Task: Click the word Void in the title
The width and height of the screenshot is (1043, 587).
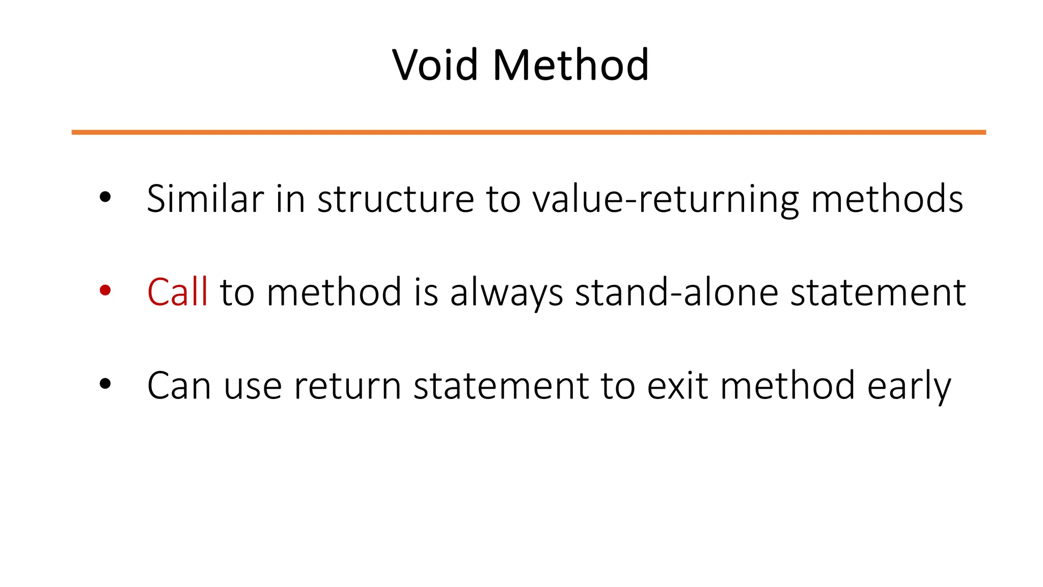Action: (435, 65)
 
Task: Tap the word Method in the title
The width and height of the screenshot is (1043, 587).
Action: (571, 65)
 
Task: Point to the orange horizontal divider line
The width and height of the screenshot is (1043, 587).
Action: (529, 132)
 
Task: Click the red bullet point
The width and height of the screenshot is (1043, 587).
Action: (105, 290)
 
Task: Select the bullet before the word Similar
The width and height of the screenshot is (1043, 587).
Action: (105, 197)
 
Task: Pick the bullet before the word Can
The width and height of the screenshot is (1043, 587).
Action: (105, 384)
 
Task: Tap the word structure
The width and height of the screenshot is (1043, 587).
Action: (396, 199)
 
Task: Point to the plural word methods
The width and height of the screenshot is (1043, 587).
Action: (887, 198)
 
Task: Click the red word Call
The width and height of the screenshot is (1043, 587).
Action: (177, 292)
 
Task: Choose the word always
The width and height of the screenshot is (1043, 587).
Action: (506, 293)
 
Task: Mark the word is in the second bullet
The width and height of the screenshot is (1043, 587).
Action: (426, 292)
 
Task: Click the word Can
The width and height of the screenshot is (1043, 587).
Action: (179, 386)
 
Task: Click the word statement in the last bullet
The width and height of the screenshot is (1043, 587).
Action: (501, 386)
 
